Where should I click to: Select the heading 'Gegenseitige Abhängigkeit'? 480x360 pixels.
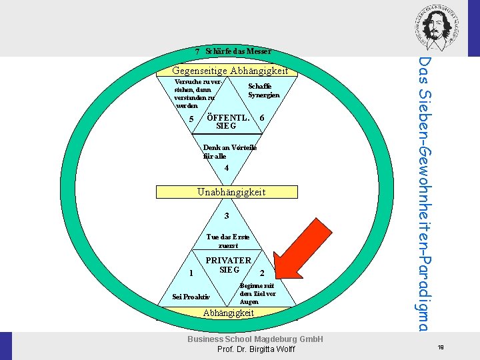(230, 71)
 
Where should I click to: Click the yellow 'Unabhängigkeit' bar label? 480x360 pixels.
(231, 192)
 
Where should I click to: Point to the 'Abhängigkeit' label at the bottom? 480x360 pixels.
(229, 313)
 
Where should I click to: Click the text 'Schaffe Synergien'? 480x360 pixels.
(263, 91)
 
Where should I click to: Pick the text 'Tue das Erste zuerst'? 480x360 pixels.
(228, 241)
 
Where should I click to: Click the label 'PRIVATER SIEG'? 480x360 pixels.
(228, 265)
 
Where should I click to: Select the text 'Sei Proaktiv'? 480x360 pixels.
(191, 297)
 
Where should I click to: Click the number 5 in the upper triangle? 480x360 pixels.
(191, 119)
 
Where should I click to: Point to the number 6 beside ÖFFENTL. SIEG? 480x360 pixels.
(262, 118)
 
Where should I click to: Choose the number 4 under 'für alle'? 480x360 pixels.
(227, 168)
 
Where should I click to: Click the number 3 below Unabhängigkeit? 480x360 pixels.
(227, 216)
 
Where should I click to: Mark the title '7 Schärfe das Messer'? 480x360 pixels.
(233, 51)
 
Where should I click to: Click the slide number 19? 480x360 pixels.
(441, 347)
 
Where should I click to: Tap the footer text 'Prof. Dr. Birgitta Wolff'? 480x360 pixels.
(256, 350)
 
